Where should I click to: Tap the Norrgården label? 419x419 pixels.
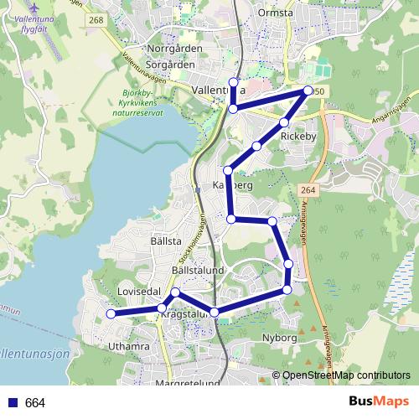(x=174, y=49)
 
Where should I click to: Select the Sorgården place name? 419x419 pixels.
(x=170, y=63)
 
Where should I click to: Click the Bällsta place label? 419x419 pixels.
(x=166, y=241)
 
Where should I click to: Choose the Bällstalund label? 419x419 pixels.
(x=197, y=272)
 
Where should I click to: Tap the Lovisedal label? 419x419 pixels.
(x=139, y=291)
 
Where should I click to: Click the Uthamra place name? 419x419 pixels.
(x=129, y=345)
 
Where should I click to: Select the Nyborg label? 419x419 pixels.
(x=280, y=338)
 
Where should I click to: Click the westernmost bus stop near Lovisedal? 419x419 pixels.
(x=110, y=313)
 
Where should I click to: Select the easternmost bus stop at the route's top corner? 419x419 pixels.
(x=308, y=91)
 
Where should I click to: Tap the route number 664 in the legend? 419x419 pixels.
(x=35, y=403)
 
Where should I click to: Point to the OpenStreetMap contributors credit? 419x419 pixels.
(x=346, y=375)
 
